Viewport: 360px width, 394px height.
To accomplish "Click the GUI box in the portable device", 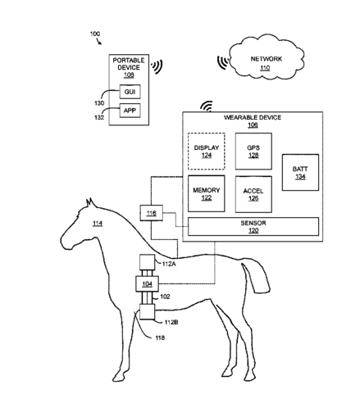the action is [130, 92].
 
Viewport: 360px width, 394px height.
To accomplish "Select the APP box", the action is [130, 111].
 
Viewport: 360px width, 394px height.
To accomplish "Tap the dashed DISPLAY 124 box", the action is [207, 152].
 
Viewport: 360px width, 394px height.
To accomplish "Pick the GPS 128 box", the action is [253, 152].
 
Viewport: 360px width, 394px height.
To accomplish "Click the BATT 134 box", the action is [300, 172].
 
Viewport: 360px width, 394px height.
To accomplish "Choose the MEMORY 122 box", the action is [207, 193].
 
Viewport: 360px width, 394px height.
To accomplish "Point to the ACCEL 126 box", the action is [253, 194].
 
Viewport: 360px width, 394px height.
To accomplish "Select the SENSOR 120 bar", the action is [253, 226].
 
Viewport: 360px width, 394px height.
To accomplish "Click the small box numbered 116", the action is [152, 213].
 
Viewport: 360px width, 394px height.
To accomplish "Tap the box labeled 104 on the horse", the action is [147, 284].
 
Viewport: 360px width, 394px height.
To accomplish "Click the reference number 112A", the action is [169, 264].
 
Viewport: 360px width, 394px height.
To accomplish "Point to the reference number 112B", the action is [171, 323].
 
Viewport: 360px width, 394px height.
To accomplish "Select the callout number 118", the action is [160, 338].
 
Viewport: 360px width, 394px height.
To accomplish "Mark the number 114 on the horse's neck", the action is [98, 224].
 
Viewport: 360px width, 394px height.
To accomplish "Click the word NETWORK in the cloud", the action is [267, 59].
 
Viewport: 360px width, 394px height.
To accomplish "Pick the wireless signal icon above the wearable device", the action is [207, 106].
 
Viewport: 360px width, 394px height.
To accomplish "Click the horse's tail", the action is [257, 277].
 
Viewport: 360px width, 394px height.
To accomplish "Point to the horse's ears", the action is [90, 203].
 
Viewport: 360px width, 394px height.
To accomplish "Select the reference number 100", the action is [95, 34].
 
